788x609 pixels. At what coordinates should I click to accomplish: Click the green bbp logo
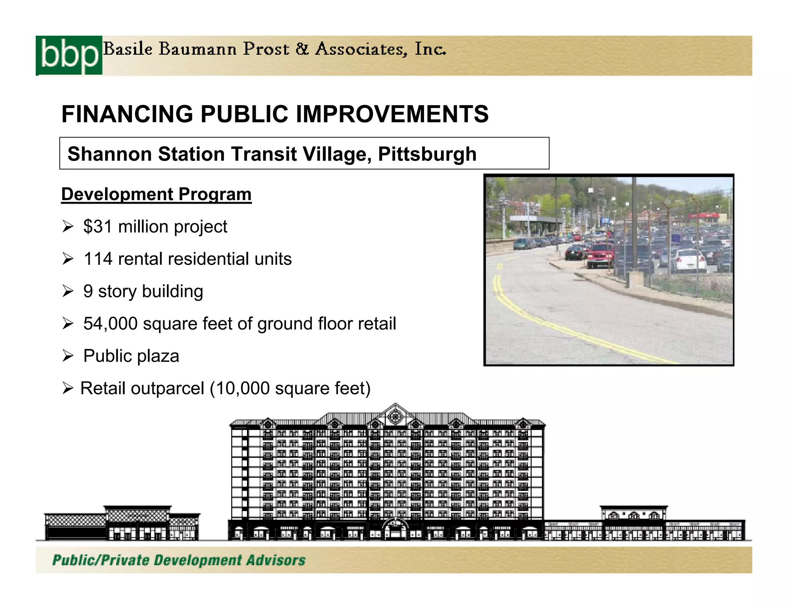pos(69,55)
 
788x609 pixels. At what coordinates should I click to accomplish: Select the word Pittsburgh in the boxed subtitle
pos(427,154)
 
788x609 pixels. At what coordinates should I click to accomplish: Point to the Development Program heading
pos(156,194)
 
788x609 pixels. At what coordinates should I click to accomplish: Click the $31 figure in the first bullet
pos(98,226)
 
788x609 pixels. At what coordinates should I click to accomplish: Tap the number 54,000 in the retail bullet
pos(110,323)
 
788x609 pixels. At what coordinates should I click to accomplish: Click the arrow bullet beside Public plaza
pos(68,356)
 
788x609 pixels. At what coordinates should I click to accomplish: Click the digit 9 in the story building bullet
pos(88,291)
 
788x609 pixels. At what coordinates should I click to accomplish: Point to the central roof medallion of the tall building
pos(395,416)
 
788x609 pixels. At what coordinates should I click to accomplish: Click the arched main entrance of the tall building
pos(395,529)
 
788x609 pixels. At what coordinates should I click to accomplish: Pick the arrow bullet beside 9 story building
pos(68,291)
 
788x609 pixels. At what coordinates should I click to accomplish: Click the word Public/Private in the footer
pos(101,560)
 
